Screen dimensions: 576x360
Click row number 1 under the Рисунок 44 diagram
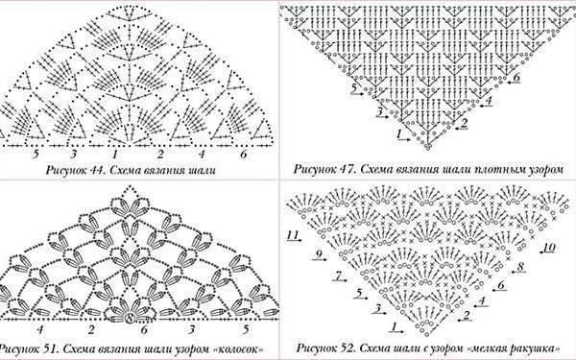coord(115,154)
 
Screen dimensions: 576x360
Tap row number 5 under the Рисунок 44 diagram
coord(36,154)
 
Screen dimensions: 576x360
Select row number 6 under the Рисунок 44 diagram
coord(244,154)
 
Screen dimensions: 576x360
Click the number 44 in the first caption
coord(90,171)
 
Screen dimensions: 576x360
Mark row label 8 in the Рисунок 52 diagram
coord(519,265)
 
